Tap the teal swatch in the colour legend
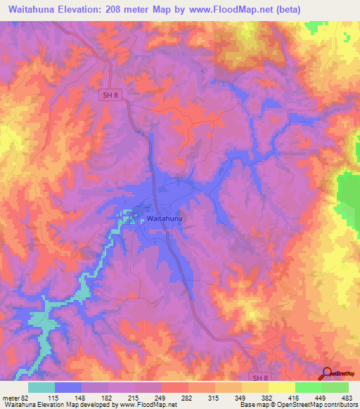click(41, 388)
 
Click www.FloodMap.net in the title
click(240, 10)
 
